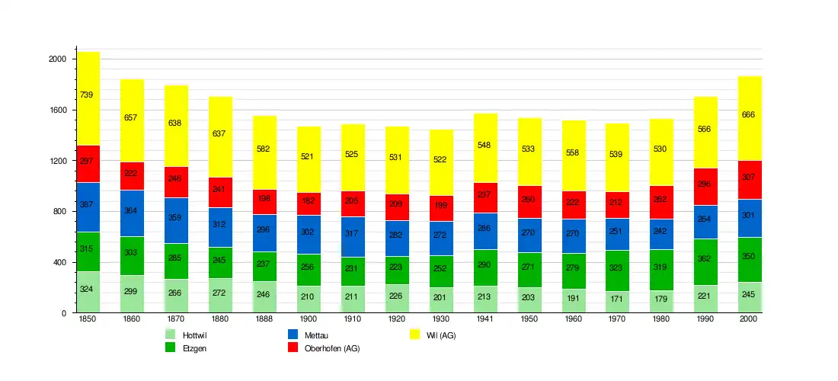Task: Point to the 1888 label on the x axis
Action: (264, 320)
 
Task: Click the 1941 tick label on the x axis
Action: (485, 320)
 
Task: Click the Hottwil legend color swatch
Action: (171, 335)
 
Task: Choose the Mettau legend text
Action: (316, 335)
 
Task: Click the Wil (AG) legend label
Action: (441, 335)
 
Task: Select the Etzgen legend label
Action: (195, 348)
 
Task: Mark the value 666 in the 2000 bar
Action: (750, 114)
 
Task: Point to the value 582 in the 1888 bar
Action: (264, 149)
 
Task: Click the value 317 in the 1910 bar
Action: (353, 233)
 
